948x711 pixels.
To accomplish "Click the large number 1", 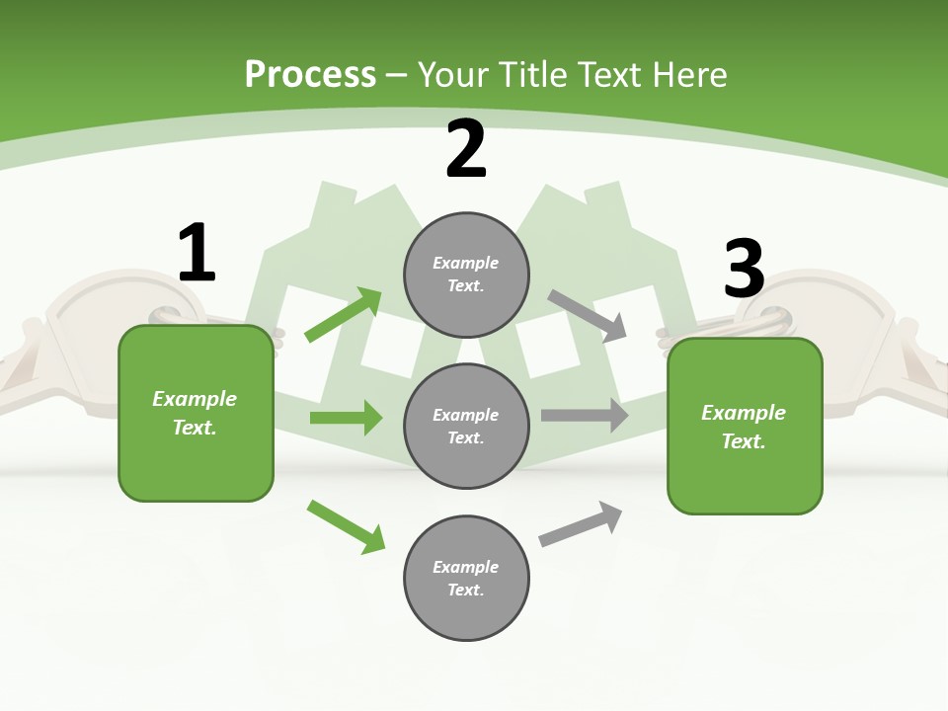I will pos(197,254).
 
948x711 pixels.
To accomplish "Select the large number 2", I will pos(466,149).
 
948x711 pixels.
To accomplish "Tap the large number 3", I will pos(744,269).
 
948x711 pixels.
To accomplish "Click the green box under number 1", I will pos(196,413).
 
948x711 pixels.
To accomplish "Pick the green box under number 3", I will pos(745,426).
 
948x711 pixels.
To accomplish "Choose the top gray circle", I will pos(466,275).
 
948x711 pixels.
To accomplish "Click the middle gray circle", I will pos(466,426).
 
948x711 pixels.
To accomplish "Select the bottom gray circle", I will pos(466,578).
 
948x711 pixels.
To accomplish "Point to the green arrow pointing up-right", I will pos(344,315).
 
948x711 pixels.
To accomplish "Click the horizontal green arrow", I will pos(346,418).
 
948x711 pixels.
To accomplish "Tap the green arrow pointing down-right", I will pos(347,526).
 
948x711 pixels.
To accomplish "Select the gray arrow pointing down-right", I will pos(588,316).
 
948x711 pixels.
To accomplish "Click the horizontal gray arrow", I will pos(585,415).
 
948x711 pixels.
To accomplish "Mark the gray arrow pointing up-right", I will pos(581,524).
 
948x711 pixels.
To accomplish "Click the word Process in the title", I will pos(310,74).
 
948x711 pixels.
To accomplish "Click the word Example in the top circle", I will pos(466,263).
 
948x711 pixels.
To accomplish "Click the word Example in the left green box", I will pos(195,399).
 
